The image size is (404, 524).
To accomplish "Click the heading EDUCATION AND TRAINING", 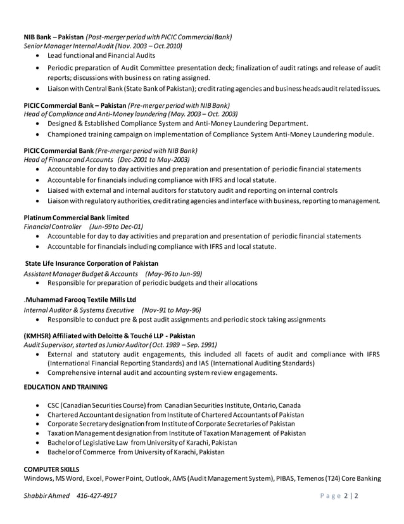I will tap(65, 386).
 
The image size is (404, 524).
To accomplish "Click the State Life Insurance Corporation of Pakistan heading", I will tap(91, 263).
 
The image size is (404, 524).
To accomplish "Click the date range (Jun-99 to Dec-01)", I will tap(117, 226).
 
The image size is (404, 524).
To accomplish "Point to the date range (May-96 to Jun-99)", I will tap(174, 273).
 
